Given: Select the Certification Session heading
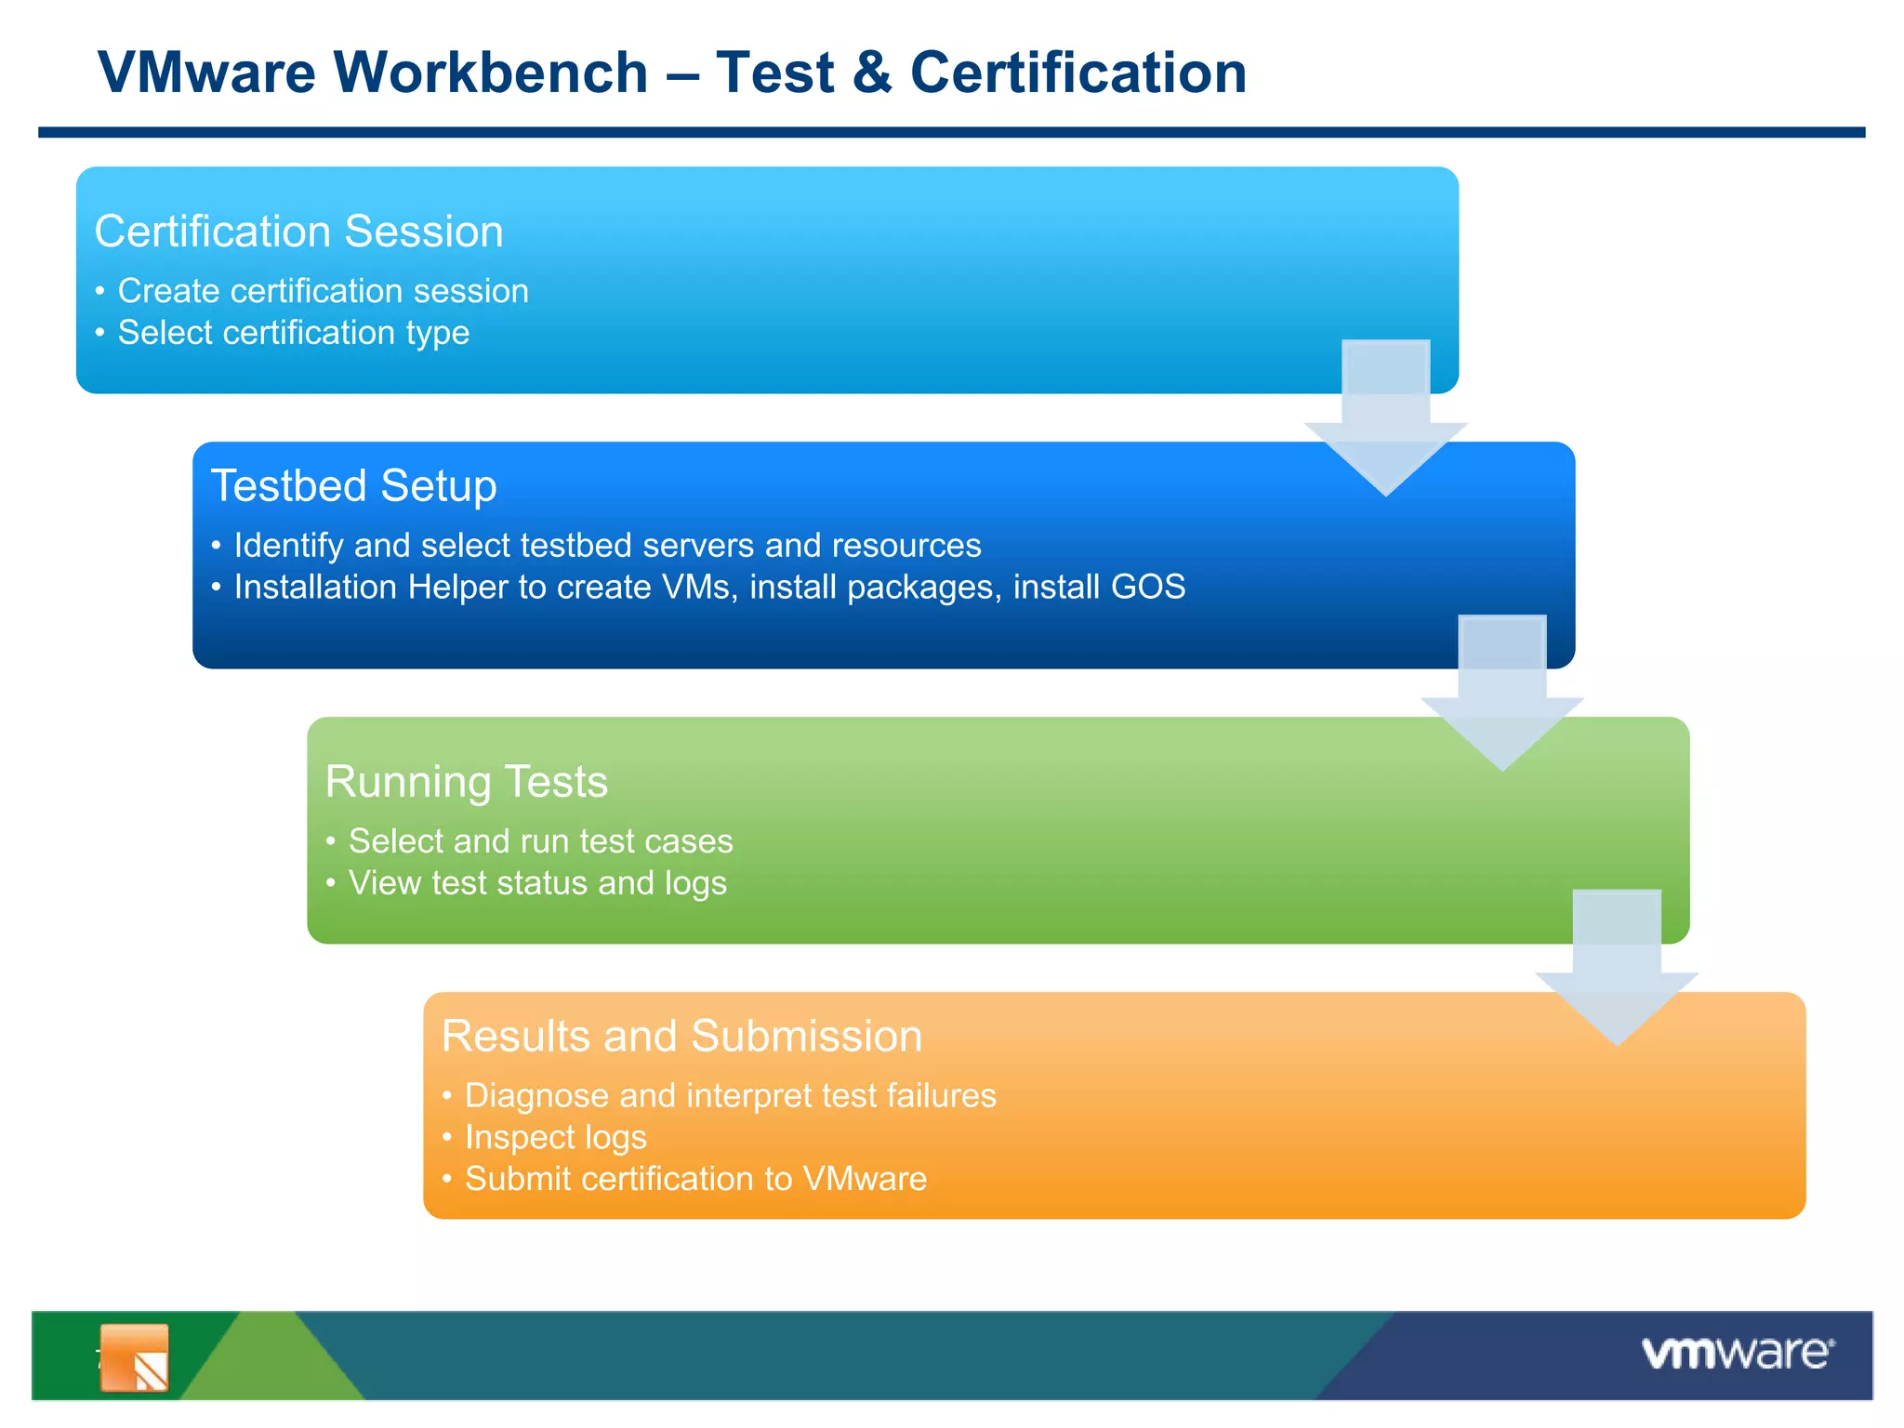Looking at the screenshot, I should tap(298, 231).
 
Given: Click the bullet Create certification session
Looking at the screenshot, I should tap(323, 291).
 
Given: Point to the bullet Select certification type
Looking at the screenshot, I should tap(293, 333).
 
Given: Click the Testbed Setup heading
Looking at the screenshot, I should tap(353, 485).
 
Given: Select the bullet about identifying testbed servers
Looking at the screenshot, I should tap(607, 545).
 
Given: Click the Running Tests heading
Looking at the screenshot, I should tap(466, 781).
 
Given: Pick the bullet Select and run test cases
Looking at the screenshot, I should tap(540, 840).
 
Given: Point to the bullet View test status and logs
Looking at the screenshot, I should tap(537, 882).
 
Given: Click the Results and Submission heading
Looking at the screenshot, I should tap(681, 1036).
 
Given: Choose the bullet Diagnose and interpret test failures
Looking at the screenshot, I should tap(730, 1095).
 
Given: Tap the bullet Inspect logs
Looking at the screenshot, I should tap(555, 1137).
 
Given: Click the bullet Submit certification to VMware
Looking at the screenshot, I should tap(695, 1179).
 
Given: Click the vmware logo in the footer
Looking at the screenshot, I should tap(1737, 1354).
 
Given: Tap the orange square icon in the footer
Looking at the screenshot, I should tap(135, 1357).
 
